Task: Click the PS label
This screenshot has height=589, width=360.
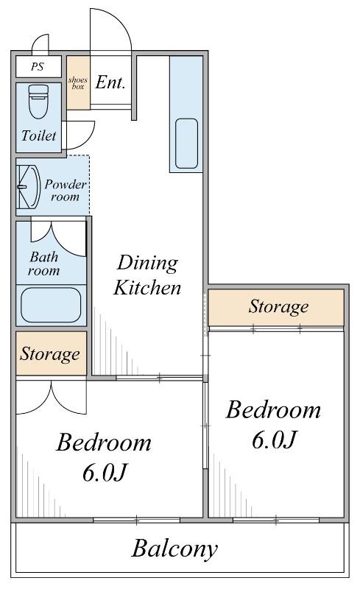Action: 38,67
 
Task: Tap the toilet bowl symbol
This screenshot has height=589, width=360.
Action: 39,102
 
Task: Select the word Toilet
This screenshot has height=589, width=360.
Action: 39,135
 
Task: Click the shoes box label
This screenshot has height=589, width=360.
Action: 78,83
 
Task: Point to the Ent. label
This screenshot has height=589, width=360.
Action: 110,82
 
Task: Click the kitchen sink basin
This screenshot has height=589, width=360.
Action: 186,144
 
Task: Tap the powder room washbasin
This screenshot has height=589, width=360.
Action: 29,187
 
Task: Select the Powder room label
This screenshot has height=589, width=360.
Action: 66,191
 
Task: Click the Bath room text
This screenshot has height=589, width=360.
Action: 44,264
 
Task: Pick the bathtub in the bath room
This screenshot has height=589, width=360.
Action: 51,305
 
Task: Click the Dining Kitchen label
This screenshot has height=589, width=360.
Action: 147,275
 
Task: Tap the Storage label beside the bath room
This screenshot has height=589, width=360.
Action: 50,354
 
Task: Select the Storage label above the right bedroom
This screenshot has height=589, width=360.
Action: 278,306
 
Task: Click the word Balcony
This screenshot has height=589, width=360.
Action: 174,549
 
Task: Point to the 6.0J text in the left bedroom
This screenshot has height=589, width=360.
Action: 105,473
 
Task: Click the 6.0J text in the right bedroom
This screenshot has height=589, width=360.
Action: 275,440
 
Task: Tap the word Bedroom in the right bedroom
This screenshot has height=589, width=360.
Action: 274,410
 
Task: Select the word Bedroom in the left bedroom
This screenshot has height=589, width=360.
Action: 104,442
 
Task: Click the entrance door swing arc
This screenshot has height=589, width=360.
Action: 120,23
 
